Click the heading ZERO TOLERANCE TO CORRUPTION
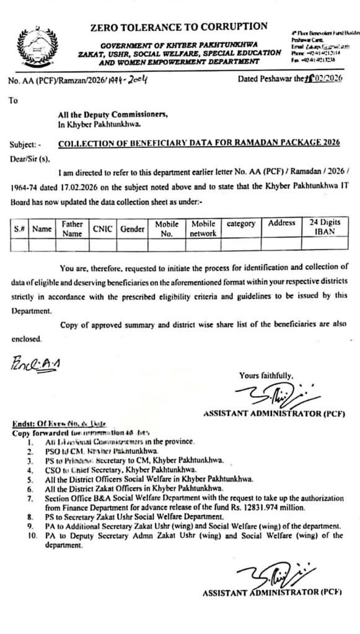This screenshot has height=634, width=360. tap(178, 27)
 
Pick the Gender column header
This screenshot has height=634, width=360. tap(132, 228)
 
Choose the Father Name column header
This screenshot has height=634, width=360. tap(72, 228)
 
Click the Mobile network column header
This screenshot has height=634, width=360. tap(203, 228)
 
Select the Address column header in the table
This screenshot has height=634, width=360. tap(281, 223)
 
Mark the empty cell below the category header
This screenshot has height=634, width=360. tap(241, 245)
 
